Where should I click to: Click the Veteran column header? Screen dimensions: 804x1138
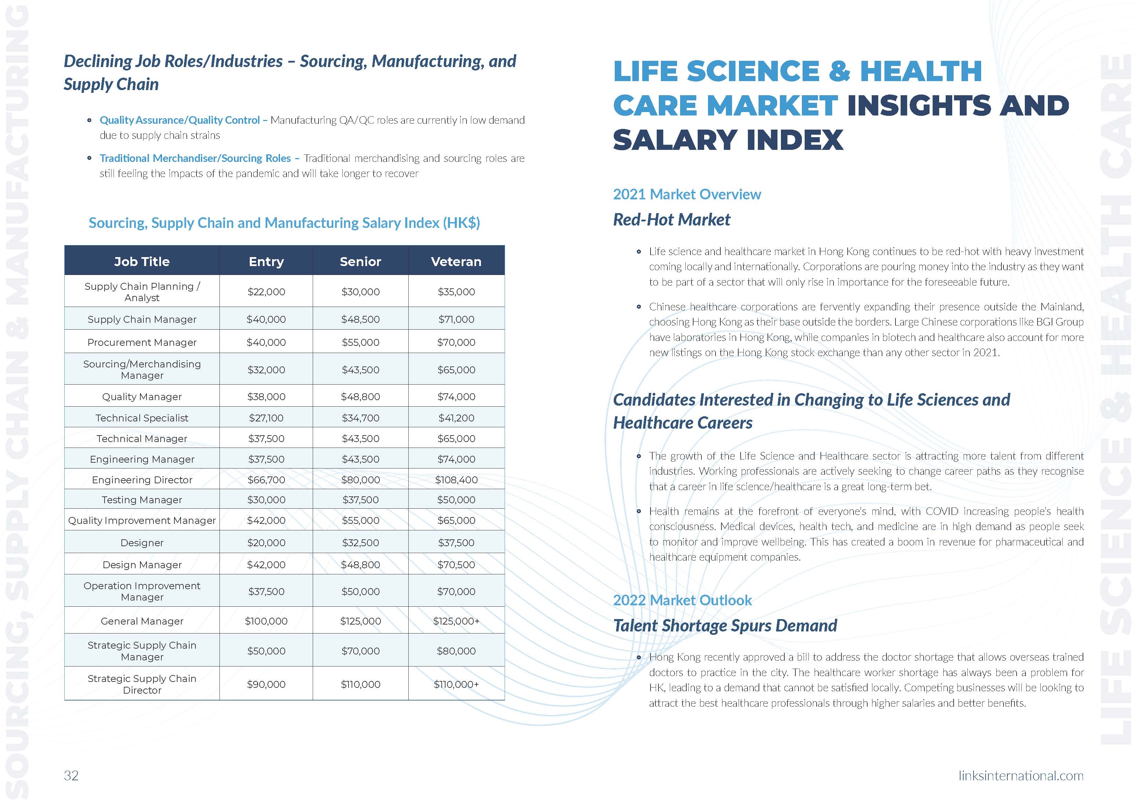[456, 262]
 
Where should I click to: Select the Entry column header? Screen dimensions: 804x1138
[266, 262]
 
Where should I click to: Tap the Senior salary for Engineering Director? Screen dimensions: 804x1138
[360, 480]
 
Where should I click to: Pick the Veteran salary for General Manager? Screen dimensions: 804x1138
[456, 621]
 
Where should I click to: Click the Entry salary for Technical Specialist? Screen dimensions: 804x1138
[266, 418]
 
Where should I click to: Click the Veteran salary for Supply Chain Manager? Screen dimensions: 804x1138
[456, 319]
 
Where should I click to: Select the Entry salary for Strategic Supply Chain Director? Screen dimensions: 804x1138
[266, 684]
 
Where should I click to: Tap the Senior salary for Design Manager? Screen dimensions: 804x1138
[360, 564]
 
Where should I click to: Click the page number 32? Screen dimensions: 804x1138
[71, 775]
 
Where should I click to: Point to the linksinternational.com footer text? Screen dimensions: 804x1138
[1021, 775]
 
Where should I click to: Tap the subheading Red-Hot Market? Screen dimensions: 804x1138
[672, 219]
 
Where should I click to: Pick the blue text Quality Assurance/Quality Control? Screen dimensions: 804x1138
[180, 120]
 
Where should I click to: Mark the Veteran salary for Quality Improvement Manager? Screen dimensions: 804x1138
[456, 520]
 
